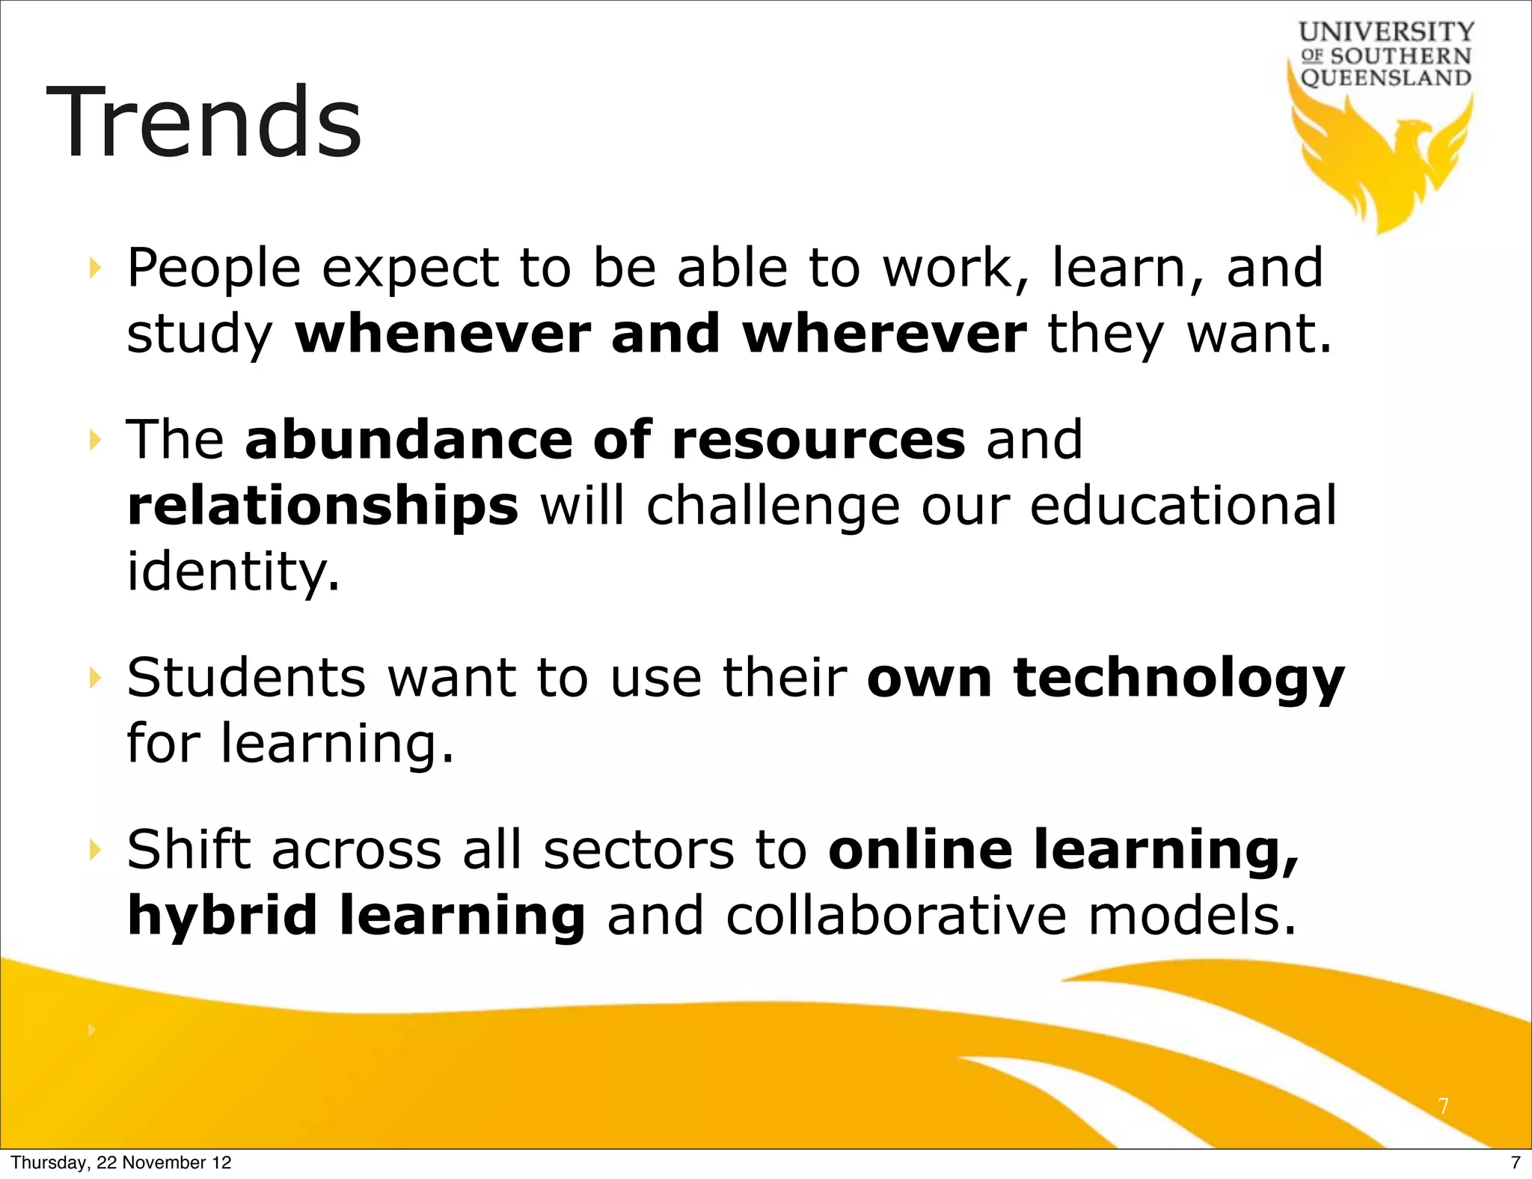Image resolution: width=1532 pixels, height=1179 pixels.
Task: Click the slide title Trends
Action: tap(203, 123)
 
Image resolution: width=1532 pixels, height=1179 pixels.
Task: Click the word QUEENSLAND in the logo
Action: tap(1385, 78)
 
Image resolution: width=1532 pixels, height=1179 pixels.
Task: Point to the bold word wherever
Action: tap(884, 334)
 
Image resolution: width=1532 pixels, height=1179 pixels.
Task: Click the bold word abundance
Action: tap(408, 440)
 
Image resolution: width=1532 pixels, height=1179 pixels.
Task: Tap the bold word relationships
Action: tap(322, 506)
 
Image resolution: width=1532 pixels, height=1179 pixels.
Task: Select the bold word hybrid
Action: tap(222, 916)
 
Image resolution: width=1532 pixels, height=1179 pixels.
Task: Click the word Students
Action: tap(246, 678)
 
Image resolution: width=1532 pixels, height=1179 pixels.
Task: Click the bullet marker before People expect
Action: tap(94, 268)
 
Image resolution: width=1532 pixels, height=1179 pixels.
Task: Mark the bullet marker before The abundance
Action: tap(94, 440)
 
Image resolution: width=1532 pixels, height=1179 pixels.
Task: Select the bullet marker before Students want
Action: tap(94, 679)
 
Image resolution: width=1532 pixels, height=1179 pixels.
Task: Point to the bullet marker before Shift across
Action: tap(94, 850)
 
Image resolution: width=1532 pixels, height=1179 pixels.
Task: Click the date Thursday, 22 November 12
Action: tap(121, 1163)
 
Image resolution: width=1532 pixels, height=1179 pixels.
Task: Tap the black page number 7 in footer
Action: tap(1516, 1163)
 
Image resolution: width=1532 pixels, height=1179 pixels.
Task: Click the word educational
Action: tap(1183, 506)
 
